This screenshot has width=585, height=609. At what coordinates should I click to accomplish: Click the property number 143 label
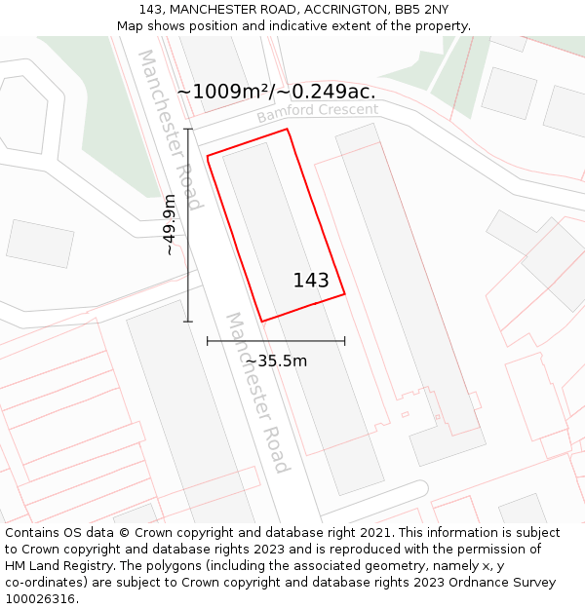(311, 281)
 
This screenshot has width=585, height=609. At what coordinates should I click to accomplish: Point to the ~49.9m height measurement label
(170, 225)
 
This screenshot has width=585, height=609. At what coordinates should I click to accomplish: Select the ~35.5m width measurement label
(276, 361)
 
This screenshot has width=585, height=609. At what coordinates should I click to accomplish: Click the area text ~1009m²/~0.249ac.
(276, 92)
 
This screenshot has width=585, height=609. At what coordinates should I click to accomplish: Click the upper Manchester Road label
(170, 130)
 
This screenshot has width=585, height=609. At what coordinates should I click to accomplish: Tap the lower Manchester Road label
(257, 392)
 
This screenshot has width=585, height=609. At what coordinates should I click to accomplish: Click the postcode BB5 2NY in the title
(422, 10)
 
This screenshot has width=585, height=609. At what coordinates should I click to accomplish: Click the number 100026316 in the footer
(40, 599)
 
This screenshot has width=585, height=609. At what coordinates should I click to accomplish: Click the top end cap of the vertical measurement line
(188, 129)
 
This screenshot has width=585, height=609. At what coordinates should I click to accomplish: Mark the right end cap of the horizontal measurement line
(345, 341)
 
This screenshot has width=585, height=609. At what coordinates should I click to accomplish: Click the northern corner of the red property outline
(287, 129)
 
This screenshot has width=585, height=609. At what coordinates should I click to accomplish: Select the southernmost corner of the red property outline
(261, 322)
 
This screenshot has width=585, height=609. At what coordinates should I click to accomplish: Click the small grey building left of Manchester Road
(40, 244)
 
